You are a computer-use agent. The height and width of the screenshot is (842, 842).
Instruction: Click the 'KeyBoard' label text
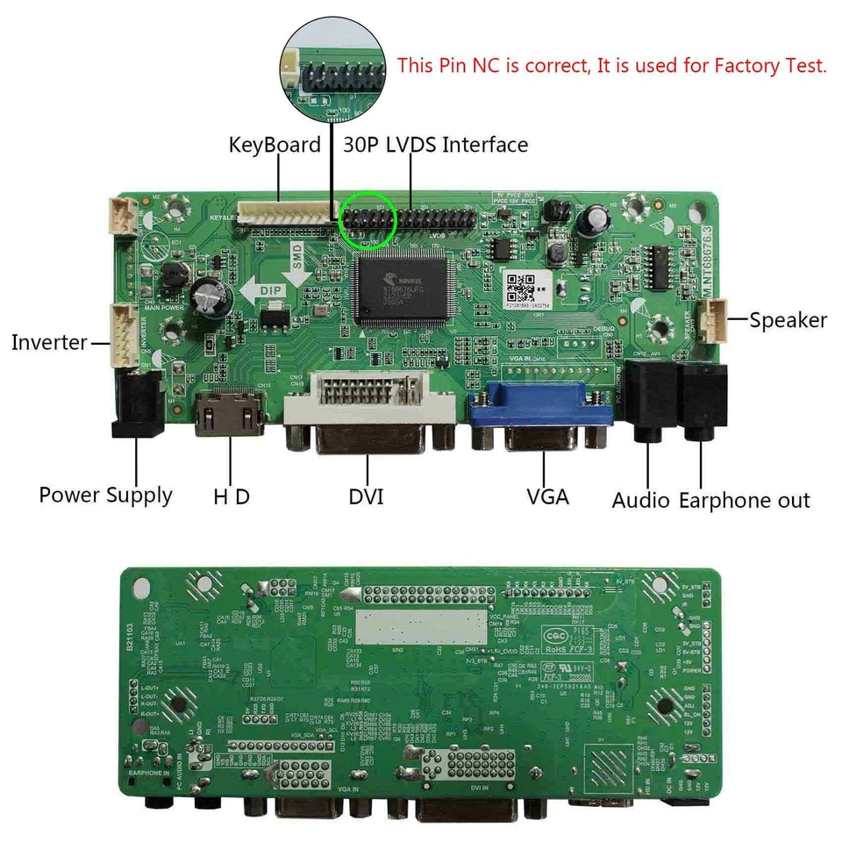click(275, 145)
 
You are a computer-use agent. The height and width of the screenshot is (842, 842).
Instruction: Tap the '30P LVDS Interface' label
click(436, 145)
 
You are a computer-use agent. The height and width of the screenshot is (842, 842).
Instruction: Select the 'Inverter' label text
click(49, 342)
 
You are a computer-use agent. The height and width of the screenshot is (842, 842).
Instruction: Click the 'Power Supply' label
click(105, 495)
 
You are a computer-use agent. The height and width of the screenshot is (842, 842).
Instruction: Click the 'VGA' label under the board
click(548, 496)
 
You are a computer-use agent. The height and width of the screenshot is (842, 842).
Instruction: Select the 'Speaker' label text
click(788, 320)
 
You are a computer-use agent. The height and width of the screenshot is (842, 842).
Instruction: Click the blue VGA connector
click(542, 419)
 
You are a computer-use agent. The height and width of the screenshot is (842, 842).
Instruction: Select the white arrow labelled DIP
click(266, 291)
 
